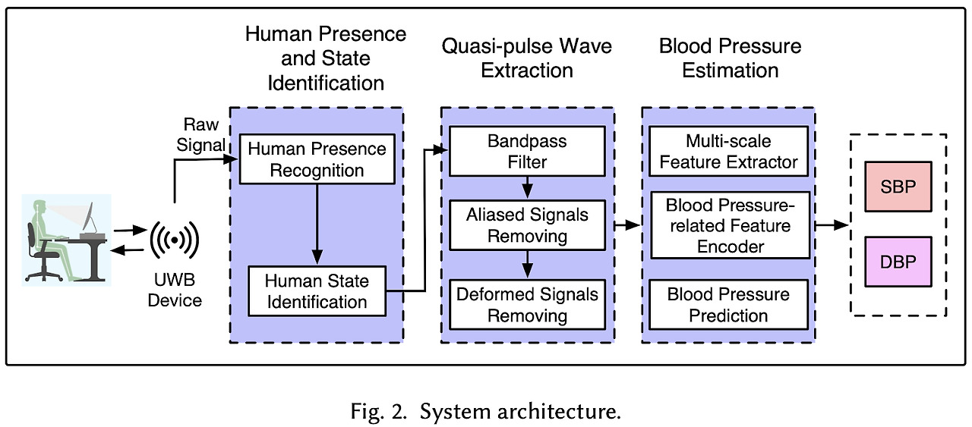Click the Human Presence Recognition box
coord(317,159)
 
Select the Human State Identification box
coord(317,291)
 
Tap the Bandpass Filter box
coord(527,152)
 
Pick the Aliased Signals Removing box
coord(527,225)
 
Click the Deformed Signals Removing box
coord(527,305)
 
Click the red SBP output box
coord(897,187)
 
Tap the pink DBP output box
coord(897,262)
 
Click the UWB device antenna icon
coord(175,240)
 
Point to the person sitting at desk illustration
coord(66,239)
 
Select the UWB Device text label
coord(175,290)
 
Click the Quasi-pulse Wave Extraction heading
coord(527,58)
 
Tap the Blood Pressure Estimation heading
coord(731,58)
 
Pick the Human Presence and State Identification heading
coord(325,58)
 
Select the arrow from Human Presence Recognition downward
coord(317,224)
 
